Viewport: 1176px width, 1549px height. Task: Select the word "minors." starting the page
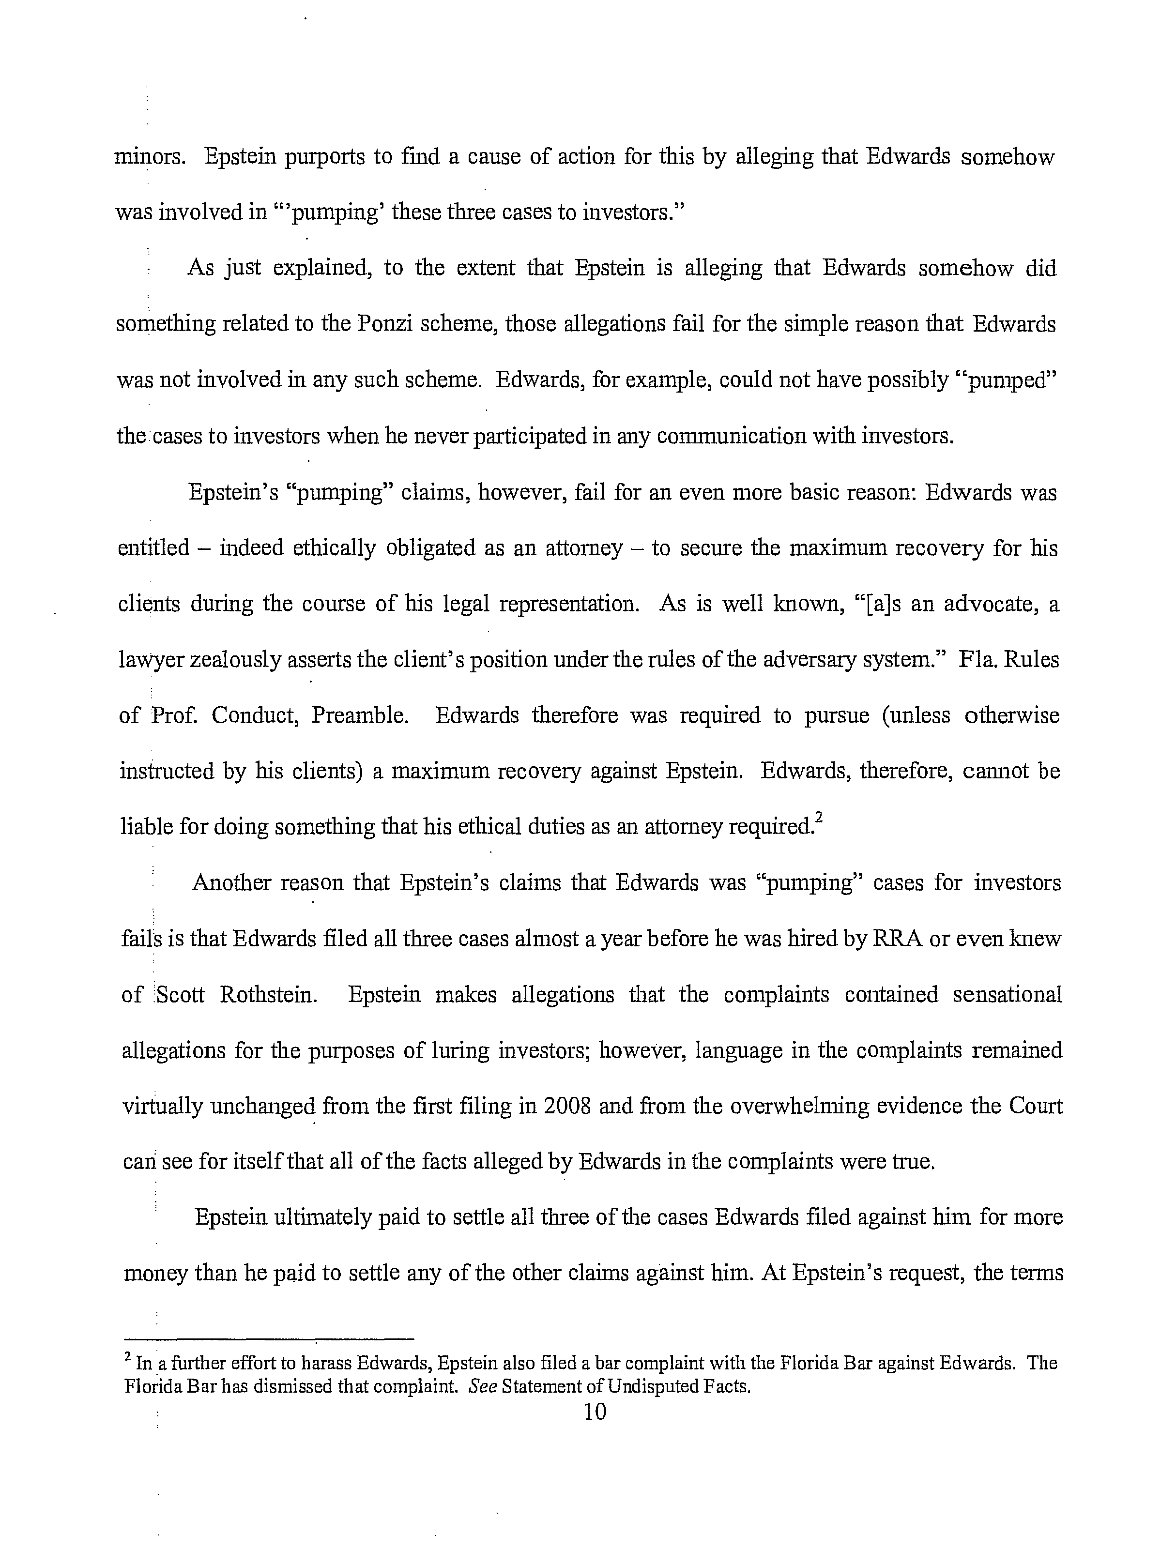[x=149, y=157]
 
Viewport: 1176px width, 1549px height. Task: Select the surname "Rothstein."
[x=268, y=994]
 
